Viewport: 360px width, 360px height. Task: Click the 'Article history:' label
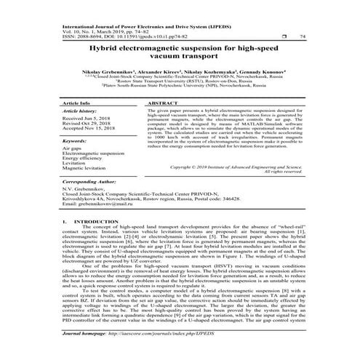tap(82, 113)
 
